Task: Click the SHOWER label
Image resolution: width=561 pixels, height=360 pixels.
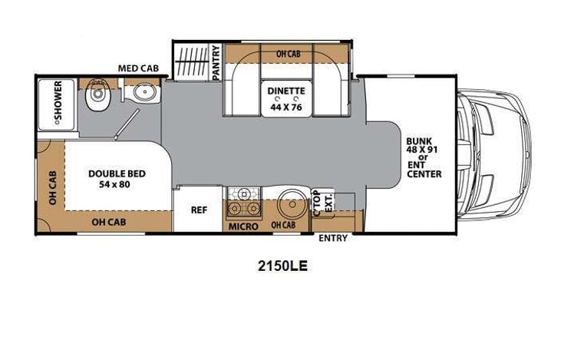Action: click(x=58, y=101)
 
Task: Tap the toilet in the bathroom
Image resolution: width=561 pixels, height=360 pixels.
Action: click(x=97, y=94)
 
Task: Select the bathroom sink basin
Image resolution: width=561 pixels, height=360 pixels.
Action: click(x=145, y=93)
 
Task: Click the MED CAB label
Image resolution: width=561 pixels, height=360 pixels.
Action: click(x=138, y=68)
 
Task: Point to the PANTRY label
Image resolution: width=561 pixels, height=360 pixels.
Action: click(x=216, y=63)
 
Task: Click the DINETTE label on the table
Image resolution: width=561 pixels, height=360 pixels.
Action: click(x=286, y=91)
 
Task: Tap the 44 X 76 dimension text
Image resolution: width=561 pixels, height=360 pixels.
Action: click(x=286, y=107)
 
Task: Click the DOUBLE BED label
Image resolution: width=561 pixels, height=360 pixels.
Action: click(x=117, y=174)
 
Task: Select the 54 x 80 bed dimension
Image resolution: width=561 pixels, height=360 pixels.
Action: click(x=114, y=185)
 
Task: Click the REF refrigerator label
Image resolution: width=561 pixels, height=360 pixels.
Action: click(x=199, y=210)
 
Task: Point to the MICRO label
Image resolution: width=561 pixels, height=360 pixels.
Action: click(x=243, y=226)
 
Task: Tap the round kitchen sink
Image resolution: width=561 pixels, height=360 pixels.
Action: click(x=292, y=203)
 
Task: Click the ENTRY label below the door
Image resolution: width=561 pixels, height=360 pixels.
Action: click(x=333, y=238)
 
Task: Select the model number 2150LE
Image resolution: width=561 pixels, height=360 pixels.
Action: click(x=282, y=266)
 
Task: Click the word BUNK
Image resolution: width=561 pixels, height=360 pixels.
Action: click(x=419, y=141)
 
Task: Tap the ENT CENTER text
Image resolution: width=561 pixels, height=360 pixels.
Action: click(x=424, y=170)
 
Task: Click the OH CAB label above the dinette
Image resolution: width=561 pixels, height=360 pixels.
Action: click(x=289, y=54)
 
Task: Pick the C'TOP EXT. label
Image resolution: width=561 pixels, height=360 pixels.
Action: click(x=323, y=203)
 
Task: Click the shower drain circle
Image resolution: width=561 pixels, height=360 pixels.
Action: click(x=57, y=122)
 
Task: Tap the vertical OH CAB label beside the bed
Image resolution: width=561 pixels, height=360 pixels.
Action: click(x=53, y=188)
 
